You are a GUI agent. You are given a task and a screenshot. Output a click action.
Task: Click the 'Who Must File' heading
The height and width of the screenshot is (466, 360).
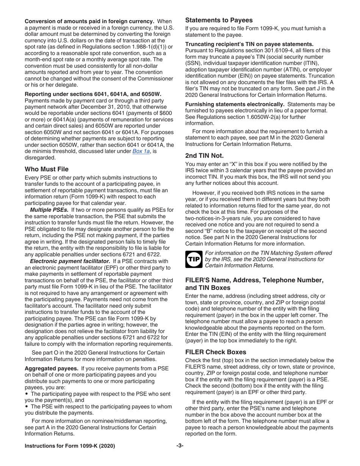(x=47, y=169)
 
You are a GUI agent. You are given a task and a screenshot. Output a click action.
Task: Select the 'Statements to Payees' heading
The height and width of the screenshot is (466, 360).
(x=219, y=20)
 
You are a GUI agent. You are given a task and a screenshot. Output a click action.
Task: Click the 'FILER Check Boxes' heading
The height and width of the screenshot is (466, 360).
(x=215, y=352)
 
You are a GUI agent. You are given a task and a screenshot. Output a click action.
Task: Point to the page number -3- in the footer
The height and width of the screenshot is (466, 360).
(x=180, y=446)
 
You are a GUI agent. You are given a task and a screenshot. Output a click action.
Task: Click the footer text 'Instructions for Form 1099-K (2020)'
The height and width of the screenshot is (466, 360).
(x=70, y=446)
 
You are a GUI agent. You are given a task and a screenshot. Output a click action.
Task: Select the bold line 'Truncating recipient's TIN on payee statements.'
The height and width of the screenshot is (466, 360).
(x=249, y=44)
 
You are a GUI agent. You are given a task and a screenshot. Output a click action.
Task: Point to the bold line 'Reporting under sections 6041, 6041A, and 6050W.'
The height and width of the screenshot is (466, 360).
(x=93, y=94)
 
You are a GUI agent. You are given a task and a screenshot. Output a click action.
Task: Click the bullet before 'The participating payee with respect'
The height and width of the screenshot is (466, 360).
(x=27, y=394)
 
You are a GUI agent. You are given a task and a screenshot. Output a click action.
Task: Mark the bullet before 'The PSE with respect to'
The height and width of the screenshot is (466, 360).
(x=27, y=407)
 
